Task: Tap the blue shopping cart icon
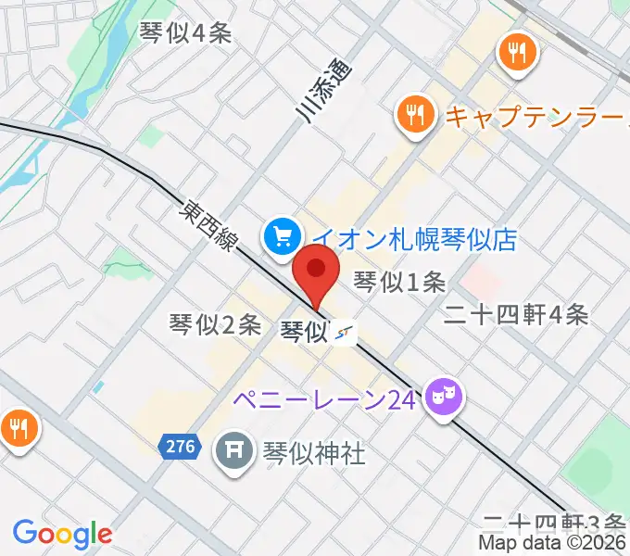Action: tap(280, 236)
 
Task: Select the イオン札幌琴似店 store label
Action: tap(413, 239)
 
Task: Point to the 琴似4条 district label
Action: tap(184, 33)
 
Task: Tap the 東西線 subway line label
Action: tap(210, 227)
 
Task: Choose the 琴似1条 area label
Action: tap(400, 280)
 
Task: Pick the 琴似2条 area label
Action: tap(215, 323)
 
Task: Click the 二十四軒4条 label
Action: tap(516, 315)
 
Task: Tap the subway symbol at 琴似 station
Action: tap(345, 332)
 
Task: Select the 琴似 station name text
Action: tap(304, 330)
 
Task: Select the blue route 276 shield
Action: tap(181, 447)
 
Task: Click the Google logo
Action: tap(62, 533)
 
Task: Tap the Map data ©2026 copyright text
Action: tap(552, 543)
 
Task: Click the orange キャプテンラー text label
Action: tap(537, 117)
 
